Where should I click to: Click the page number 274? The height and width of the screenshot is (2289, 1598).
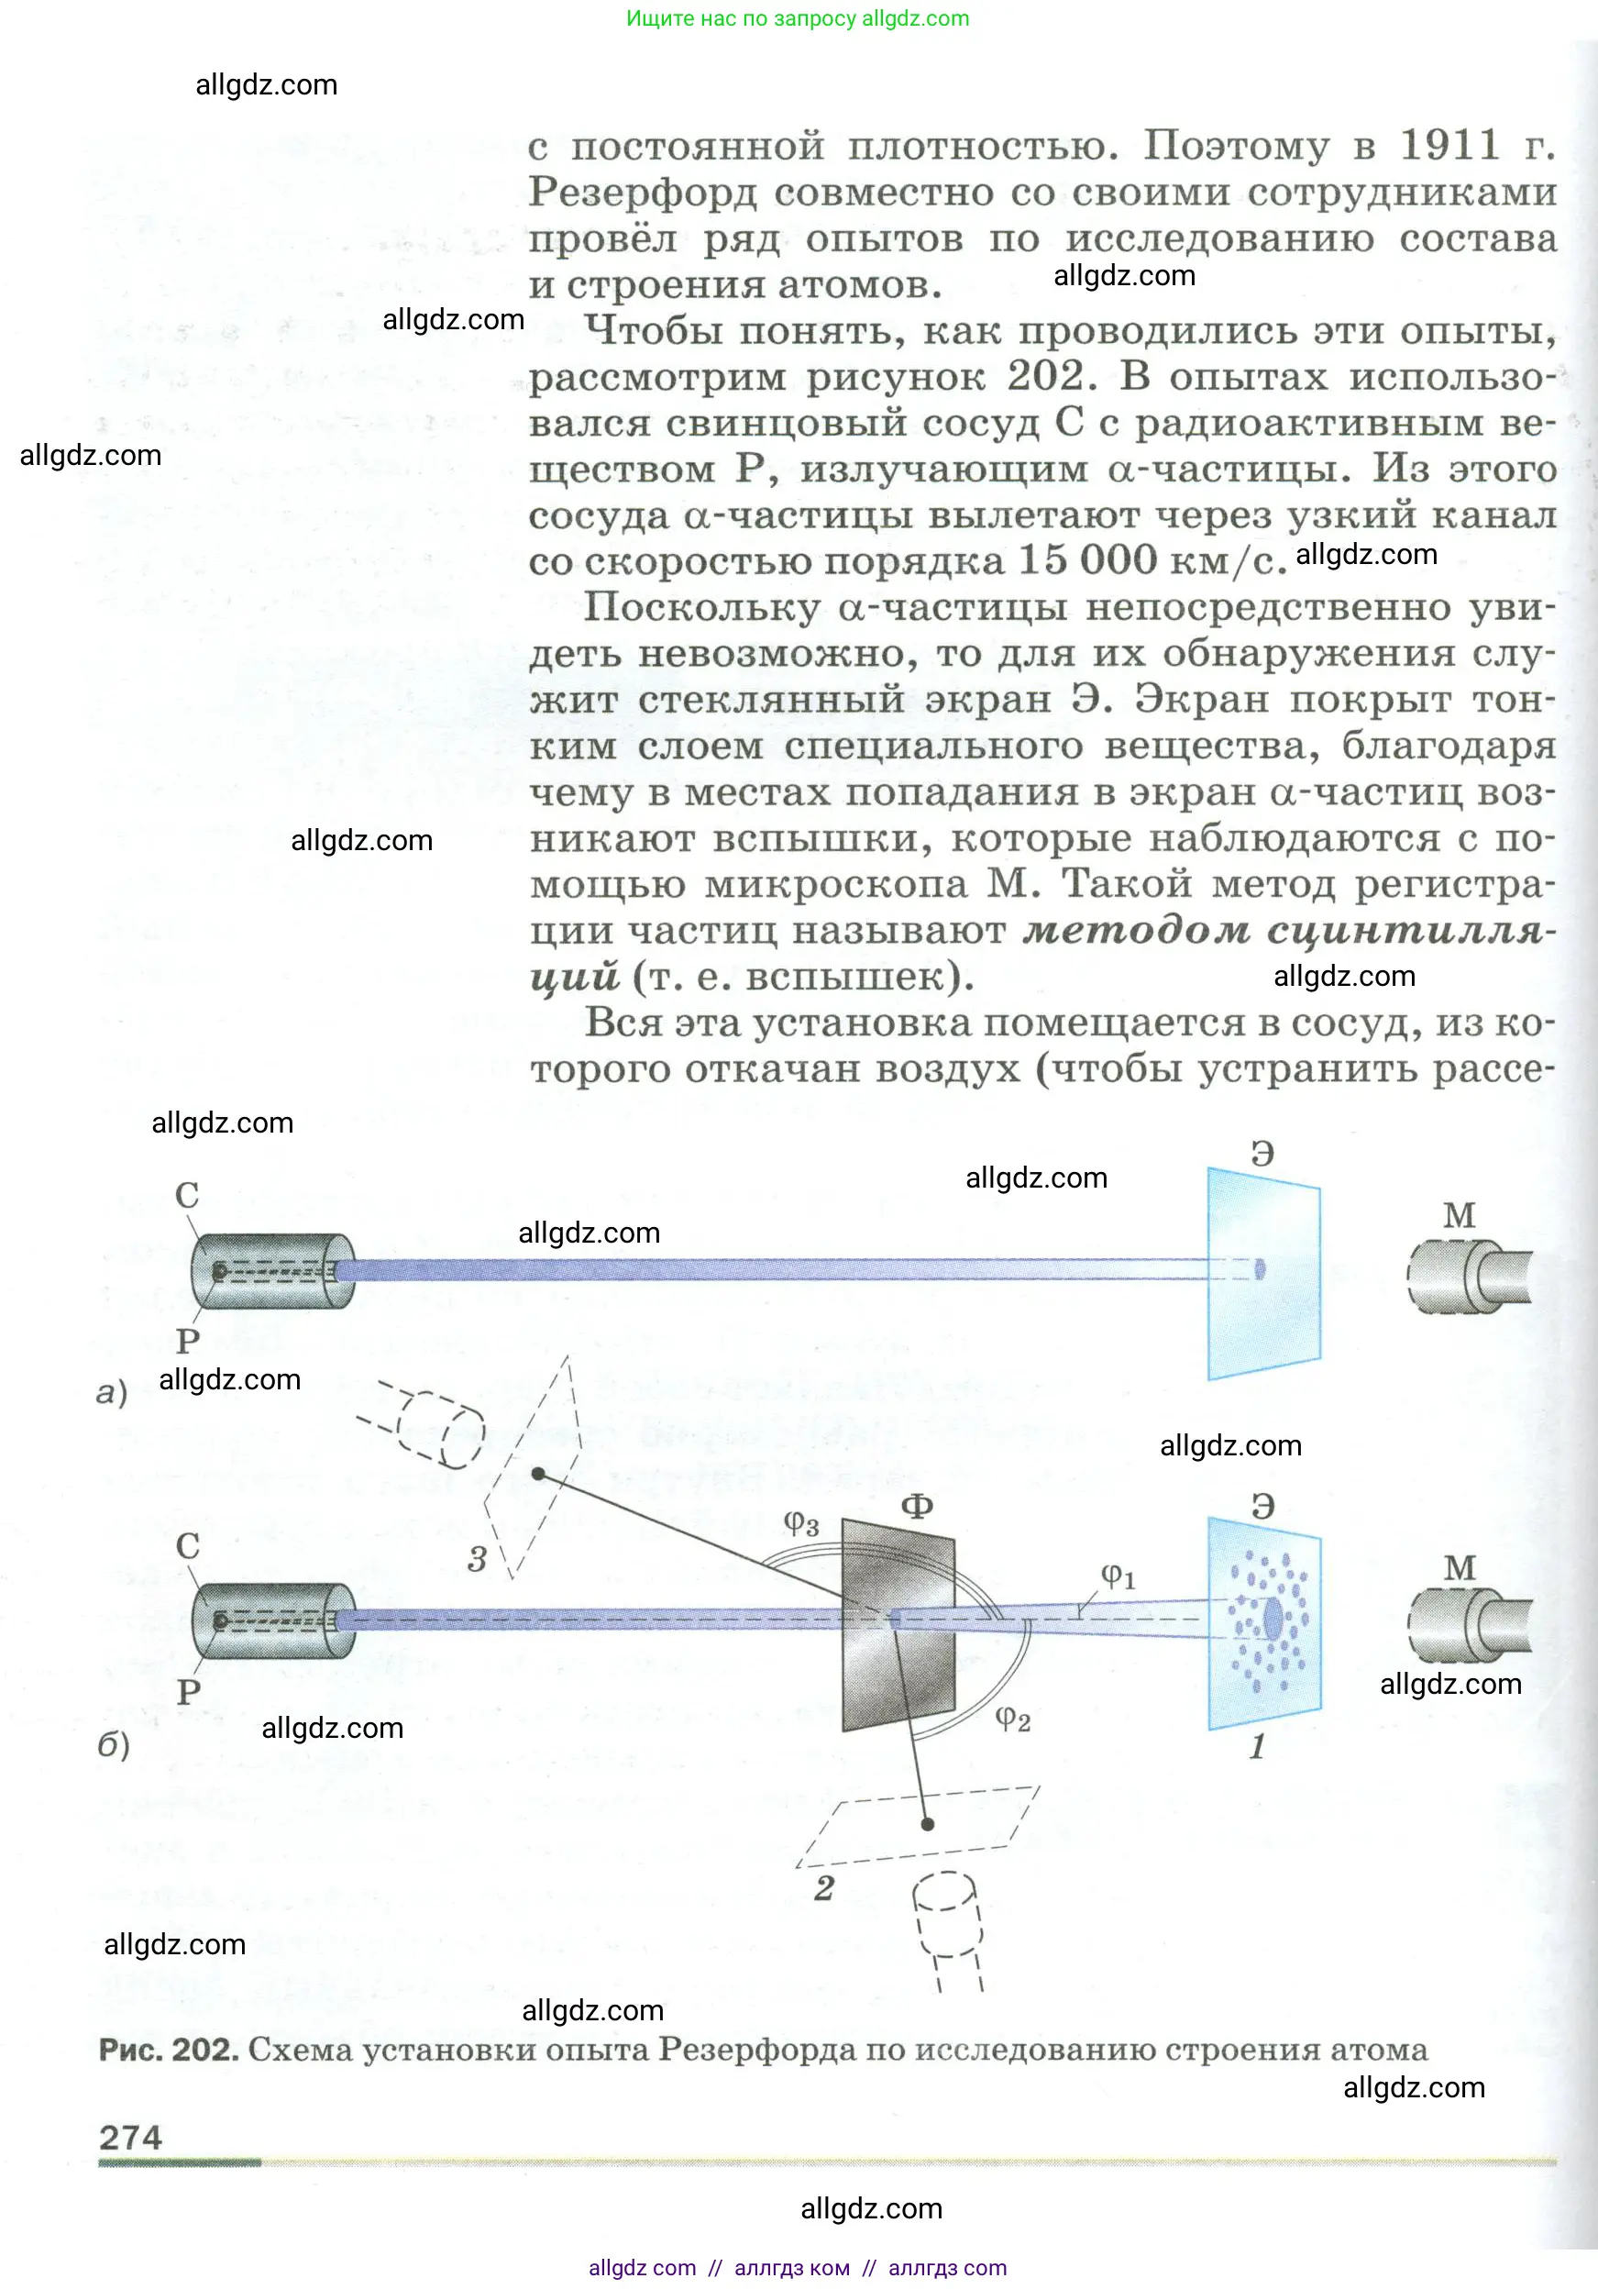(130, 2138)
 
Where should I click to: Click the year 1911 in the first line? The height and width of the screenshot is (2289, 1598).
(1449, 146)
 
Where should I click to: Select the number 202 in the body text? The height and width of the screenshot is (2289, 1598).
(1045, 376)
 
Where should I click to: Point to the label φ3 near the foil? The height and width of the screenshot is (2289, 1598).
(800, 1522)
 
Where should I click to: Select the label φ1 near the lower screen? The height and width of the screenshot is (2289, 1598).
(1118, 1576)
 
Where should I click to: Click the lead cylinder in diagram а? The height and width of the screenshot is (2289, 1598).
(272, 1271)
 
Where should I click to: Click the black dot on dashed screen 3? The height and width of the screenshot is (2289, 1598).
(538, 1474)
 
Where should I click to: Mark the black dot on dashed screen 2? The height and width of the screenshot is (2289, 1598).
(927, 1824)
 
